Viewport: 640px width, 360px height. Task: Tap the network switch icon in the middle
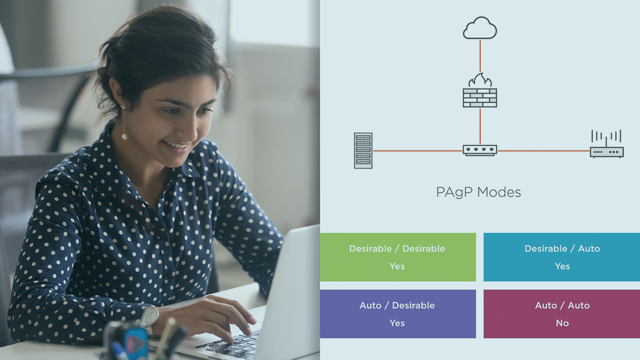[479, 150]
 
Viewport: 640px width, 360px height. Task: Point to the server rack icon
[363, 150]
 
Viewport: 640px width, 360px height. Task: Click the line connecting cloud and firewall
[480, 56]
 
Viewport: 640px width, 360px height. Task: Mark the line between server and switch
[417, 150]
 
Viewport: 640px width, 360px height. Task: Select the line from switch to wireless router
[543, 150]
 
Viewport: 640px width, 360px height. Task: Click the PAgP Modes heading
[478, 192]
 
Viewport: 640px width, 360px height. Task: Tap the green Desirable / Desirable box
[397, 257]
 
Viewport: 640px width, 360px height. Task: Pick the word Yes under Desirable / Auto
[562, 266]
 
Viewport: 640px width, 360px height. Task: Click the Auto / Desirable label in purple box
[397, 305]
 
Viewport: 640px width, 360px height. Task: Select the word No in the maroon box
[562, 323]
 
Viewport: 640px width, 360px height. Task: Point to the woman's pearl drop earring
[123, 135]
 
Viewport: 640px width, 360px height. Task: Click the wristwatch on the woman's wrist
[148, 316]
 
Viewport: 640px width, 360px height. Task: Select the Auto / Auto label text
[562, 305]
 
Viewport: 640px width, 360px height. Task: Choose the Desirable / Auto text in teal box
[562, 248]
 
